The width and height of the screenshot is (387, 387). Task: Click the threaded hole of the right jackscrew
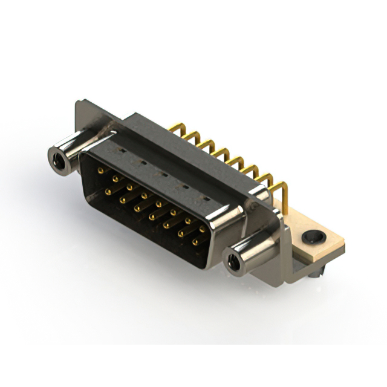click(232, 262)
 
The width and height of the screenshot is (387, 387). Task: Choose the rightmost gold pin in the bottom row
click(195, 242)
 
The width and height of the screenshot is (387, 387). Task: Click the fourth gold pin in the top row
click(145, 196)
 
